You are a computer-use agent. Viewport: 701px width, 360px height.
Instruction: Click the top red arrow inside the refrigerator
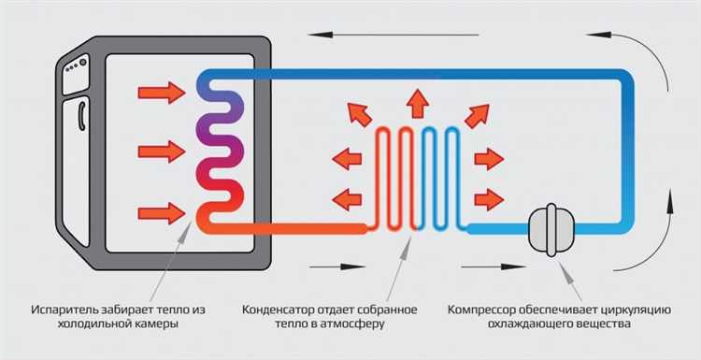161,92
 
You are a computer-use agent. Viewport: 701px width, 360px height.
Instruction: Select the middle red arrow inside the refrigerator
161,152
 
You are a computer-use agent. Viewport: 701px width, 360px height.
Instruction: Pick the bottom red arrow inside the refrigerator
161,212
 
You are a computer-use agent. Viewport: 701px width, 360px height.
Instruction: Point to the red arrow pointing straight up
417,99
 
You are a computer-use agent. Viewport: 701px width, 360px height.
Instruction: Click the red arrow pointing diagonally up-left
359,114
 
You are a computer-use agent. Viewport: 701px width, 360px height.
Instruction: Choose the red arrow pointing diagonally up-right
475,114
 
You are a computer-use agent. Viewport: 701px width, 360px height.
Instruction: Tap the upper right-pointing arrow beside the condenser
488,159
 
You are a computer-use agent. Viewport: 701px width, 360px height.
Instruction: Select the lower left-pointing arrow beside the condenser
347,198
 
